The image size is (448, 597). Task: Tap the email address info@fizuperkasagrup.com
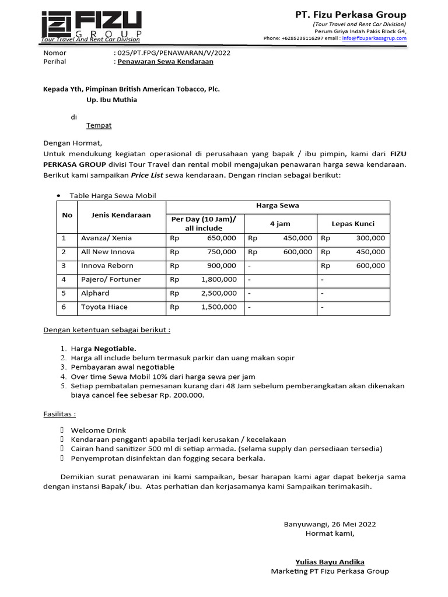click(374, 38)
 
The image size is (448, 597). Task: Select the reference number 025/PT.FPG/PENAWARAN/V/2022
click(174, 52)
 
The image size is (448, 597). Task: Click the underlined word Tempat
click(99, 125)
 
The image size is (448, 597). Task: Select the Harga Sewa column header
click(278, 205)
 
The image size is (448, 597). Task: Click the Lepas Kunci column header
click(353, 223)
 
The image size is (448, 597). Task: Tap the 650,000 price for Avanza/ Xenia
click(221, 238)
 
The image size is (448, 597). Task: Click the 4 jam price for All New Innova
click(297, 252)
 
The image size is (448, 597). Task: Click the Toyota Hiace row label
click(104, 307)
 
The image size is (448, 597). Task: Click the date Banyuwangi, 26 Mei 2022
click(330, 524)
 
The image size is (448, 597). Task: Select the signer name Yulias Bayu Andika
click(330, 562)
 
